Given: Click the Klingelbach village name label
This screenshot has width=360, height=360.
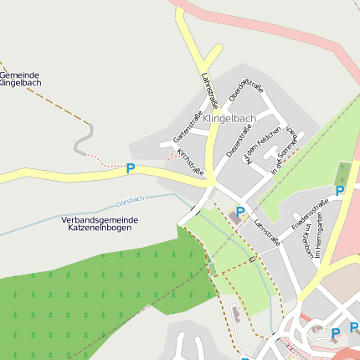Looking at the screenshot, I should [x=229, y=119].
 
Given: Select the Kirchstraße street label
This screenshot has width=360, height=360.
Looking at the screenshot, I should [x=191, y=162].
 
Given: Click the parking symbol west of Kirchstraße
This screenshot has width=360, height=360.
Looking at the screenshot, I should [x=131, y=168].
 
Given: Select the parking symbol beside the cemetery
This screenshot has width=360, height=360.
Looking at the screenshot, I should [x=340, y=191].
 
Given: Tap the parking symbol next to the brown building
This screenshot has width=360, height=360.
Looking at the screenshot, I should [x=240, y=212].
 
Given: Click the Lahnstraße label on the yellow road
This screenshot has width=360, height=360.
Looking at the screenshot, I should [x=209, y=90].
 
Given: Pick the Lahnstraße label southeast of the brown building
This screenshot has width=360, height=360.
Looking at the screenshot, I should [x=267, y=232].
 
